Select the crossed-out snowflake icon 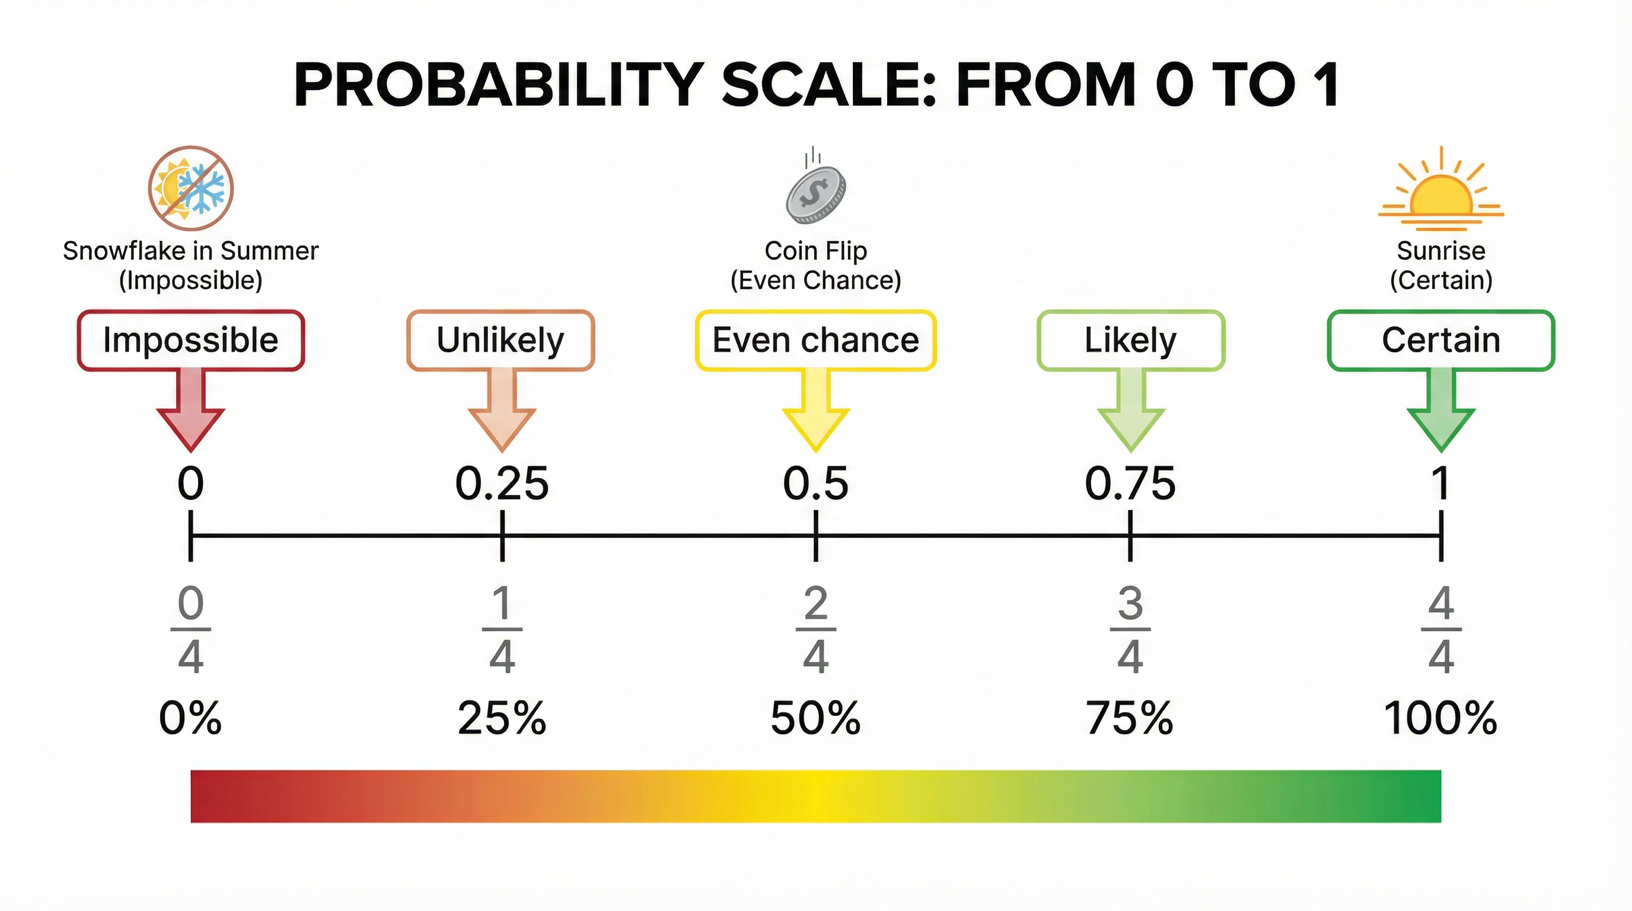[191, 188]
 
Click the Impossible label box [191, 340]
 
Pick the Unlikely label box [501, 340]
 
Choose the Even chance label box [815, 340]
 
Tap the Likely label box [1130, 340]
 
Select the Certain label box [1440, 340]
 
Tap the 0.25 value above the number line [502, 483]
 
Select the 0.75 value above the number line [1130, 483]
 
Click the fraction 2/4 [815, 629]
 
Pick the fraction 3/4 [1130, 629]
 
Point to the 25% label [502, 718]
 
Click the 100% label [1440, 718]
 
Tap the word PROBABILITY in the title [497, 85]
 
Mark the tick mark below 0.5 [815, 536]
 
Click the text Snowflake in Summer [191, 251]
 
